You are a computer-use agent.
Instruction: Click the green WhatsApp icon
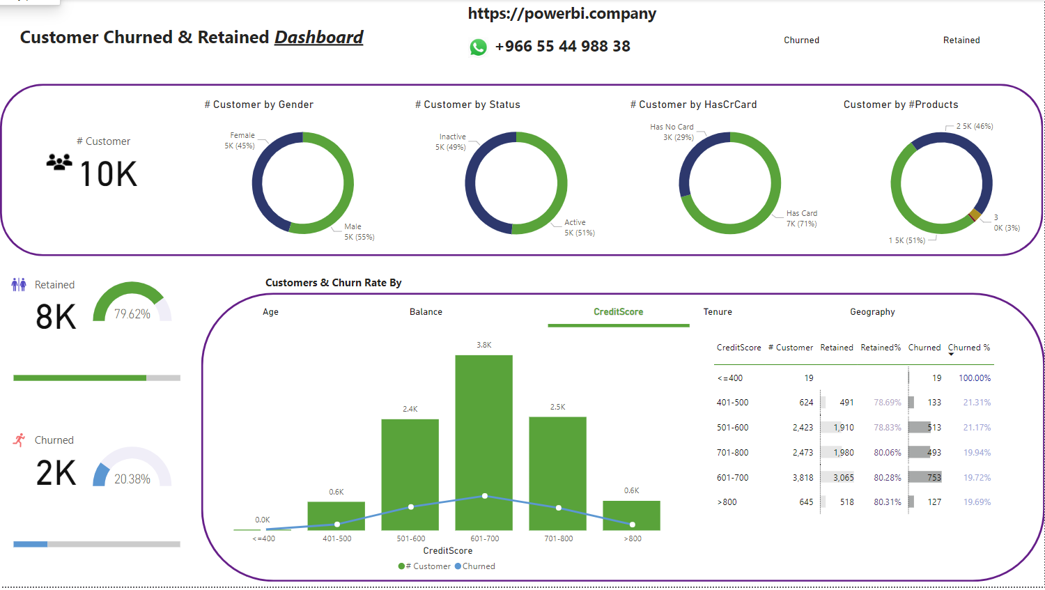478,47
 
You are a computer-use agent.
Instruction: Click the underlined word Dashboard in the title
318,38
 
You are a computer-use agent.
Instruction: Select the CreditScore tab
618,312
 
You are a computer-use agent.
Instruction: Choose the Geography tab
872,312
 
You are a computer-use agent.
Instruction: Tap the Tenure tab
718,312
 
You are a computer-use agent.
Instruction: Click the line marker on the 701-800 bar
558,508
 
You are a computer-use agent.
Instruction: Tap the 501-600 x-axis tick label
411,538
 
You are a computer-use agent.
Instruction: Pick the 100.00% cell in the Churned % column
974,378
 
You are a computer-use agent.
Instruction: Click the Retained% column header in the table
881,348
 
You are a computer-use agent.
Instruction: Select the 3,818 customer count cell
803,478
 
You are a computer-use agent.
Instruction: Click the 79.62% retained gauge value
132,314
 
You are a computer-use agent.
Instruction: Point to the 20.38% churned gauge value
132,479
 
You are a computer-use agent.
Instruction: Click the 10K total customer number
108,174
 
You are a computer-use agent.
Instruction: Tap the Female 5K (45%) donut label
240,141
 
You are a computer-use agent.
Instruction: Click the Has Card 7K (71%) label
801,219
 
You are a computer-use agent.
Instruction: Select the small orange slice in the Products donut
975,215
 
